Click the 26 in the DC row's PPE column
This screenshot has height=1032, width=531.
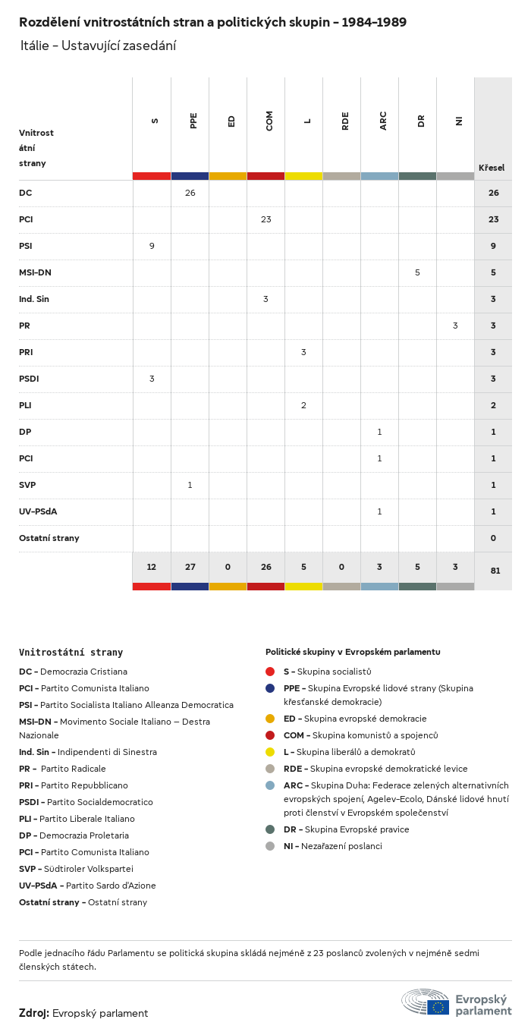pyautogui.click(x=190, y=193)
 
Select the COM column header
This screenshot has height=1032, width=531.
pyautogui.click(x=269, y=121)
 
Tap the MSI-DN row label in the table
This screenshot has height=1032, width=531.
pyautogui.click(x=35, y=272)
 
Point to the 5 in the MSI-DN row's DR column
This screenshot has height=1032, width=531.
pyautogui.click(x=417, y=272)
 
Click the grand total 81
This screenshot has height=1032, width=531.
pyautogui.click(x=495, y=571)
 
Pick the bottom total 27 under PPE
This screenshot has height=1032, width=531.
pyautogui.click(x=190, y=568)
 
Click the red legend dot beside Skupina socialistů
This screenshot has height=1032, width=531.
pyautogui.click(x=270, y=672)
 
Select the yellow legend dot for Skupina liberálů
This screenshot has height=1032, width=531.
pyautogui.click(x=270, y=752)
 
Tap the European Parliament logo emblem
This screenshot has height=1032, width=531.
pyautogui.click(x=426, y=1002)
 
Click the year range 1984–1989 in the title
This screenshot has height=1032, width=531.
pyautogui.click(x=374, y=23)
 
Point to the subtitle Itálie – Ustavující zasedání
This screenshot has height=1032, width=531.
pyautogui.click(x=98, y=46)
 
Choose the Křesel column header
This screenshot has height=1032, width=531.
pyautogui.click(x=492, y=168)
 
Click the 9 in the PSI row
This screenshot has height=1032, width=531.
pyautogui.click(x=152, y=246)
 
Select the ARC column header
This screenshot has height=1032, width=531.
pyautogui.click(x=383, y=121)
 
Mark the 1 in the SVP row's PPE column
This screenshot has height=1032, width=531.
pyautogui.click(x=190, y=485)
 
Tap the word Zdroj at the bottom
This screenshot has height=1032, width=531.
pyautogui.click(x=33, y=1013)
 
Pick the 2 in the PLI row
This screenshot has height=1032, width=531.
pyautogui.click(x=303, y=405)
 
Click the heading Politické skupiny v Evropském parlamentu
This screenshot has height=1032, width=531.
pyautogui.click(x=353, y=652)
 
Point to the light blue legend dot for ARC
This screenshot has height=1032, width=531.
pyautogui.click(x=270, y=785)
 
